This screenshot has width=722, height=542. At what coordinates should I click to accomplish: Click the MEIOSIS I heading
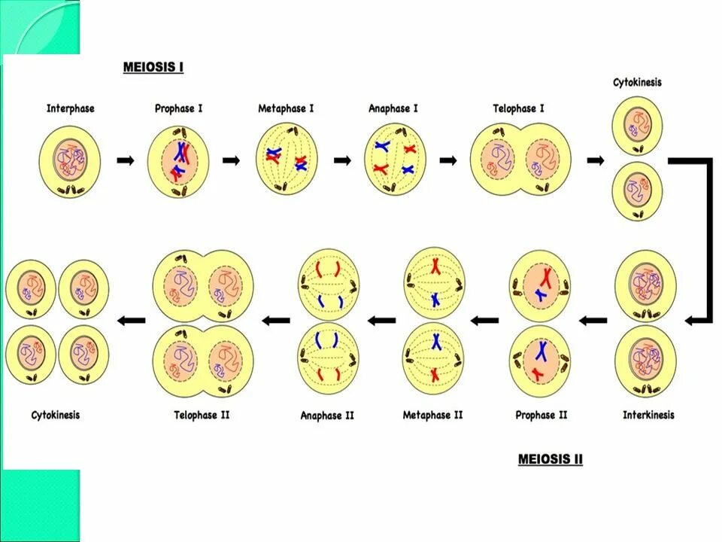(x=153, y=68)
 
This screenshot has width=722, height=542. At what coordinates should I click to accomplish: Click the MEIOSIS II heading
(x=550, y=458)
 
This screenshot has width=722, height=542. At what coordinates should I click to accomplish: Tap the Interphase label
(x=71, y=108)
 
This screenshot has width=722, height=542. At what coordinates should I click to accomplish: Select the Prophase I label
(x=179, y=108)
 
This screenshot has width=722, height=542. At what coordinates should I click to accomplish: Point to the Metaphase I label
(x=286, y=108)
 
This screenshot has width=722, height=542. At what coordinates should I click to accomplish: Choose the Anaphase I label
(x=393, y=108)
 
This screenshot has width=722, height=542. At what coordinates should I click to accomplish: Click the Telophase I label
(x=519, y=108)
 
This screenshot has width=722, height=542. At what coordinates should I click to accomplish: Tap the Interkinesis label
(x=648, y=415)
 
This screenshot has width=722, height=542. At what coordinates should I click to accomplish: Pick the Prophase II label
(x=541, y=415)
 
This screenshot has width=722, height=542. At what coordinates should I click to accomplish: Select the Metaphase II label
(x=433, y=415)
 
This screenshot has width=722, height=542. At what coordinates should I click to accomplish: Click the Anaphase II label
(x=327, y=416)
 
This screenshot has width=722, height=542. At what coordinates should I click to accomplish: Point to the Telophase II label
(x=202, y=415)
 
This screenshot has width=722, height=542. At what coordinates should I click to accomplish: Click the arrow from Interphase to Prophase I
(x=126, y=160)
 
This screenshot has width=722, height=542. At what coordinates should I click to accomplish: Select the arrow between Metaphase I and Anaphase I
(x=342, y=160)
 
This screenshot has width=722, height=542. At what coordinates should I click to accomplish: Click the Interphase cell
(x=70, y=161)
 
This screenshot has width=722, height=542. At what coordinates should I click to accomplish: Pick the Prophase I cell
(x=178, y=161)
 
